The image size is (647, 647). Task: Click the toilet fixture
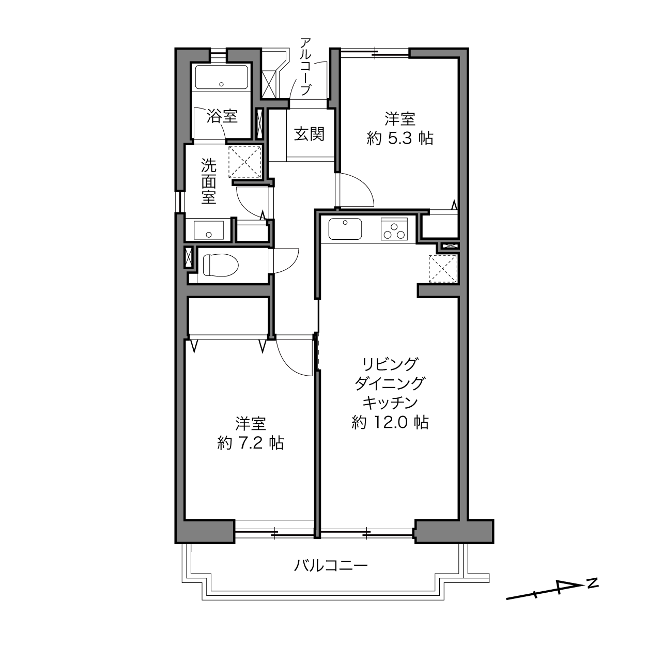tap(220, 265)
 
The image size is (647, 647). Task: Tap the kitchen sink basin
tap(345, 229)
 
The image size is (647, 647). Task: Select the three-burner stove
tap(394, 229)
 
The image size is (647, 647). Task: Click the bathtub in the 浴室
tap(222, 78)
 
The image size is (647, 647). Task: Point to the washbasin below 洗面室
tap(208, 230)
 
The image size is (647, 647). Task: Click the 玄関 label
tap(309, 134)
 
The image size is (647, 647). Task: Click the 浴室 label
tap(222, 116)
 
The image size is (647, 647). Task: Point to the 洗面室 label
tap(208, 181)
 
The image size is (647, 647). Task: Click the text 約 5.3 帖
tap(399, 138)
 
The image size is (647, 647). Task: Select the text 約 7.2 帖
tap(251, 443)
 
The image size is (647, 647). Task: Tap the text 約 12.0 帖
tap(390, 422)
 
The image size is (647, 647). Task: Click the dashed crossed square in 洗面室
tap(245, 162)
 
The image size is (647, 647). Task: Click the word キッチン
tap(390, 402)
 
